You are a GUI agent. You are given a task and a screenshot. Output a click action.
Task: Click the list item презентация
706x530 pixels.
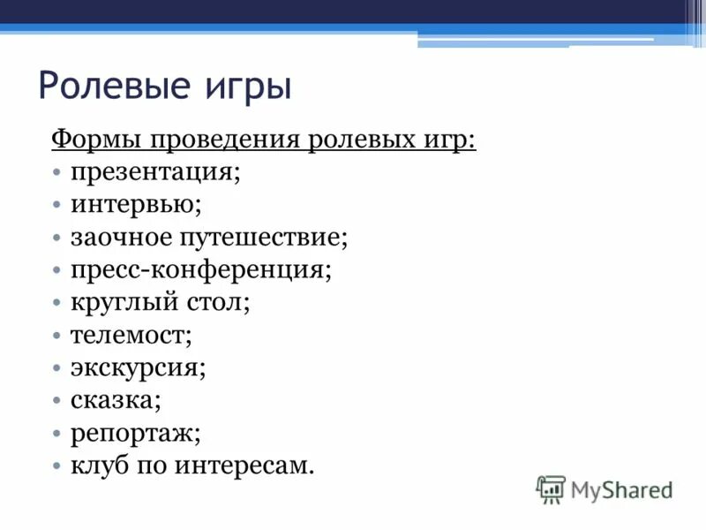[155, 171]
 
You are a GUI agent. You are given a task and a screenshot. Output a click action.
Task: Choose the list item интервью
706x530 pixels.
[137, 204]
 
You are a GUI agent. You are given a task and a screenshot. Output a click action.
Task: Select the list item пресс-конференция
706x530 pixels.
[201, 269]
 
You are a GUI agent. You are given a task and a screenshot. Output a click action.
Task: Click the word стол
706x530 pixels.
[217, 302]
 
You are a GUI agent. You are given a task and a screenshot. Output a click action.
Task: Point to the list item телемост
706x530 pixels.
[131, 335]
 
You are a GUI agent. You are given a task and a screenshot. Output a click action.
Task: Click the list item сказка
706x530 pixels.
[116, 400]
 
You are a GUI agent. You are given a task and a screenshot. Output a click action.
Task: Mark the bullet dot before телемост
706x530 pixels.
[56, 336]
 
